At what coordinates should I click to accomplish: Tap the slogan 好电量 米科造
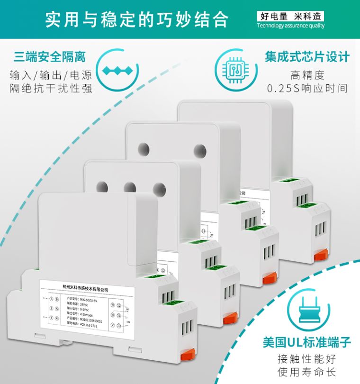point(290,16)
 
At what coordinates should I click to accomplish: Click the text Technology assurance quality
point(290,26)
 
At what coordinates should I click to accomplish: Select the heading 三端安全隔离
point(50,57)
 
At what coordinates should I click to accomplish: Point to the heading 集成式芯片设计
point(307,57)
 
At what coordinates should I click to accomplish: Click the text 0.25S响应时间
point(307,89)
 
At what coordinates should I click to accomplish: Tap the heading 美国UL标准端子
point(307,342)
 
